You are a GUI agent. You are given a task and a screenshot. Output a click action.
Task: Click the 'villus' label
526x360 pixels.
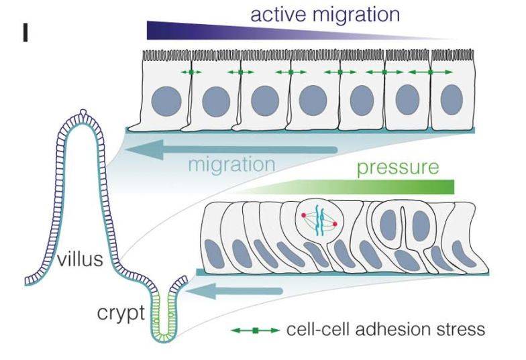coord(80,259)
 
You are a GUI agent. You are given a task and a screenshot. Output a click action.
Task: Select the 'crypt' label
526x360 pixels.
coord(121,312)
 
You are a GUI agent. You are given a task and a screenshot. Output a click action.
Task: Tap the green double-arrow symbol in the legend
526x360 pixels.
coord(254,331)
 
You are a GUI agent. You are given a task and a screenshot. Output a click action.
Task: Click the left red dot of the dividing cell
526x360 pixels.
coord(303,215)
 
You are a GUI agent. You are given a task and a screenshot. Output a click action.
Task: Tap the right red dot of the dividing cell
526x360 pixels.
coord(334,225)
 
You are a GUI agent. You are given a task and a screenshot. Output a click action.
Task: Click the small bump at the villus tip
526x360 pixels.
coord(83,112)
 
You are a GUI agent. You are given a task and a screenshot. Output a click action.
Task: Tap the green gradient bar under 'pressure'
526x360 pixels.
coord(376,186)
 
